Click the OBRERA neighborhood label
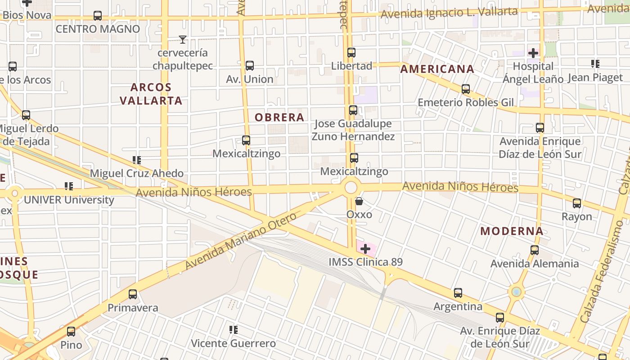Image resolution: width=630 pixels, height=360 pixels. coord(279,117)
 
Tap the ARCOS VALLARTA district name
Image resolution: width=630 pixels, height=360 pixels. coord(151,94)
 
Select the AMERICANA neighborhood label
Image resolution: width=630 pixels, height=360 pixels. coord(437,69)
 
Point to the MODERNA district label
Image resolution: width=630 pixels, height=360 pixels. coord(512,231)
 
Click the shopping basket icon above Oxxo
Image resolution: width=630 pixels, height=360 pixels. coord(359,201)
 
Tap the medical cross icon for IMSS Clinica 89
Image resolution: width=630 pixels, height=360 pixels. coord(365,248)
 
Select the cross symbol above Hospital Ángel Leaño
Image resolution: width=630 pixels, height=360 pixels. coord(533,53)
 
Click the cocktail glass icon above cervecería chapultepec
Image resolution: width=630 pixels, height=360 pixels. coord(182,40)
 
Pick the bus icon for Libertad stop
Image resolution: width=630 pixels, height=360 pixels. coord(351,53)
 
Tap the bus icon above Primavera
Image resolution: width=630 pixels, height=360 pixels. coord(133,294)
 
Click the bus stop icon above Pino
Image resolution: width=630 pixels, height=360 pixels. coord(71,332)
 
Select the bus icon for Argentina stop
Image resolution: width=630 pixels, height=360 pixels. coord(458,293)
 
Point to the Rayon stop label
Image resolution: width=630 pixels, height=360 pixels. coord(576,216)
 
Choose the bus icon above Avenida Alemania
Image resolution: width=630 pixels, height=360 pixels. coord(535,250)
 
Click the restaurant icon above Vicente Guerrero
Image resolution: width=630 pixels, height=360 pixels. coord(233,330)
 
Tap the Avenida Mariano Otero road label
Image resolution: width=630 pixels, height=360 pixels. coord(241,241)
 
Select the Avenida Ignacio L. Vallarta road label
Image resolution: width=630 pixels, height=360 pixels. coord(449,13)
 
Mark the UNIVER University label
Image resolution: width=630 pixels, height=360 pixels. coord(69,200)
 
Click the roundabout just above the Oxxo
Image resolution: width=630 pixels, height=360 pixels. coord(351,187)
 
